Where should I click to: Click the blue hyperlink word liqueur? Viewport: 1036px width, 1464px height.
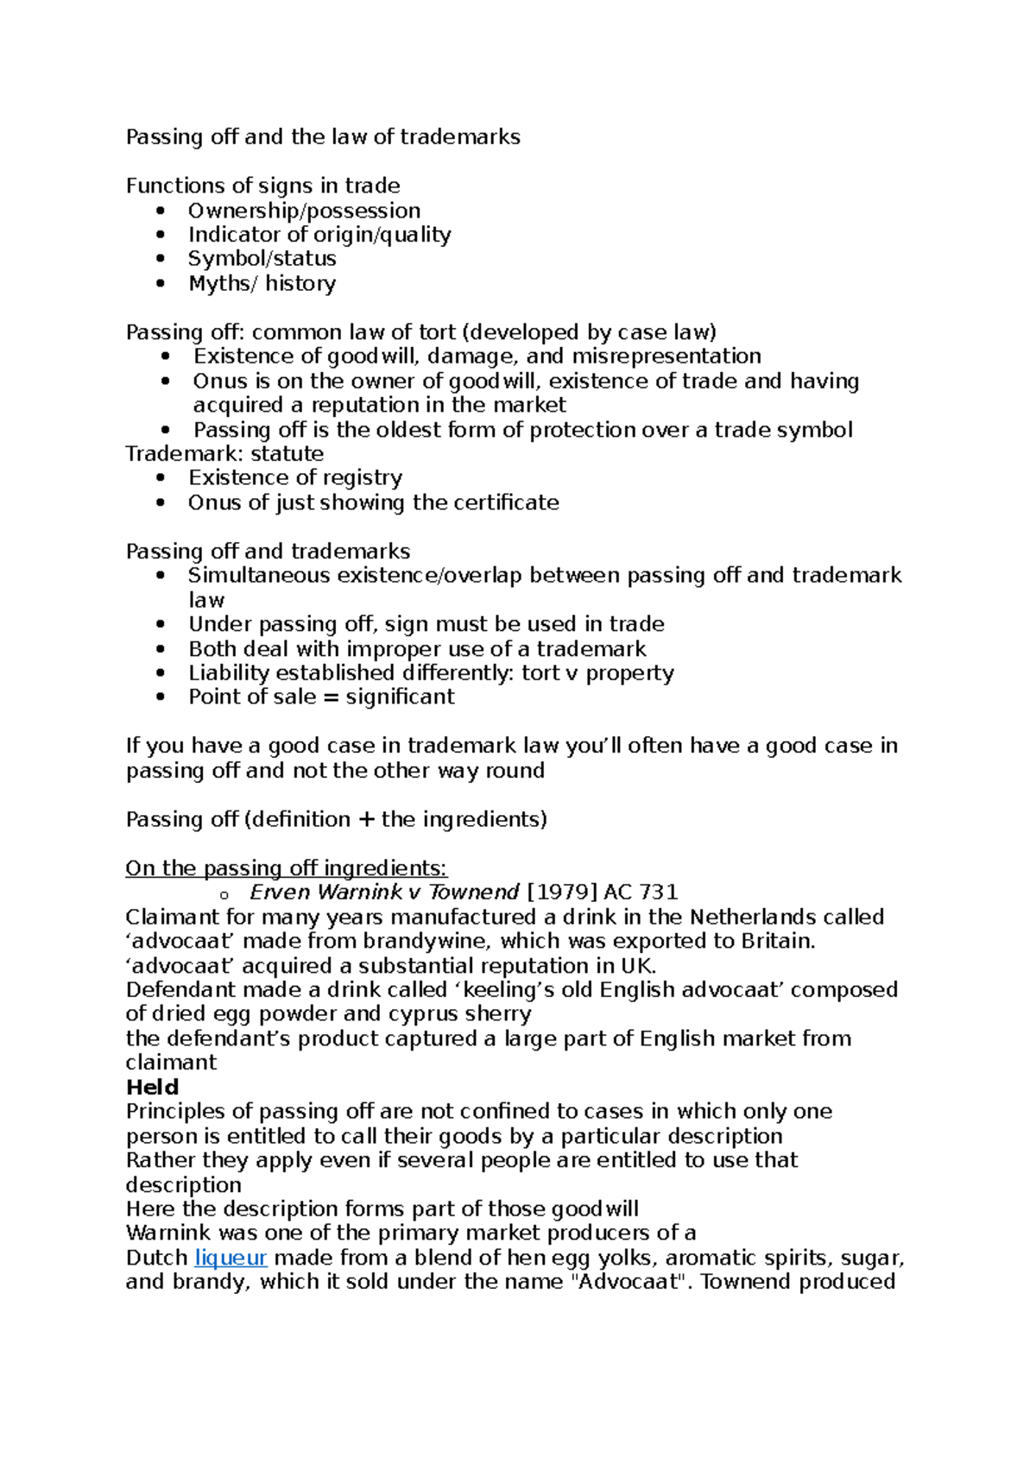[x=231, y=1258]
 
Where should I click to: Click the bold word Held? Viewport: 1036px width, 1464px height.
[x=152, y=1088]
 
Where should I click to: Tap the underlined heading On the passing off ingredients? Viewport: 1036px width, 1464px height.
[x=286, y=868]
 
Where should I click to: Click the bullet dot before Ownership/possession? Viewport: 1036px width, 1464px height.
[x=160, y=211]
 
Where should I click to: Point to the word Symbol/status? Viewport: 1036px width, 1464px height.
[x=262, y=259]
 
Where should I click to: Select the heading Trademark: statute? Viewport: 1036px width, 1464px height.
[x=224, y=454]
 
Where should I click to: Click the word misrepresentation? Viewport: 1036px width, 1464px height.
[x=666, y=357]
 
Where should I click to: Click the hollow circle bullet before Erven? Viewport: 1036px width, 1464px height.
[x=224, y=895]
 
